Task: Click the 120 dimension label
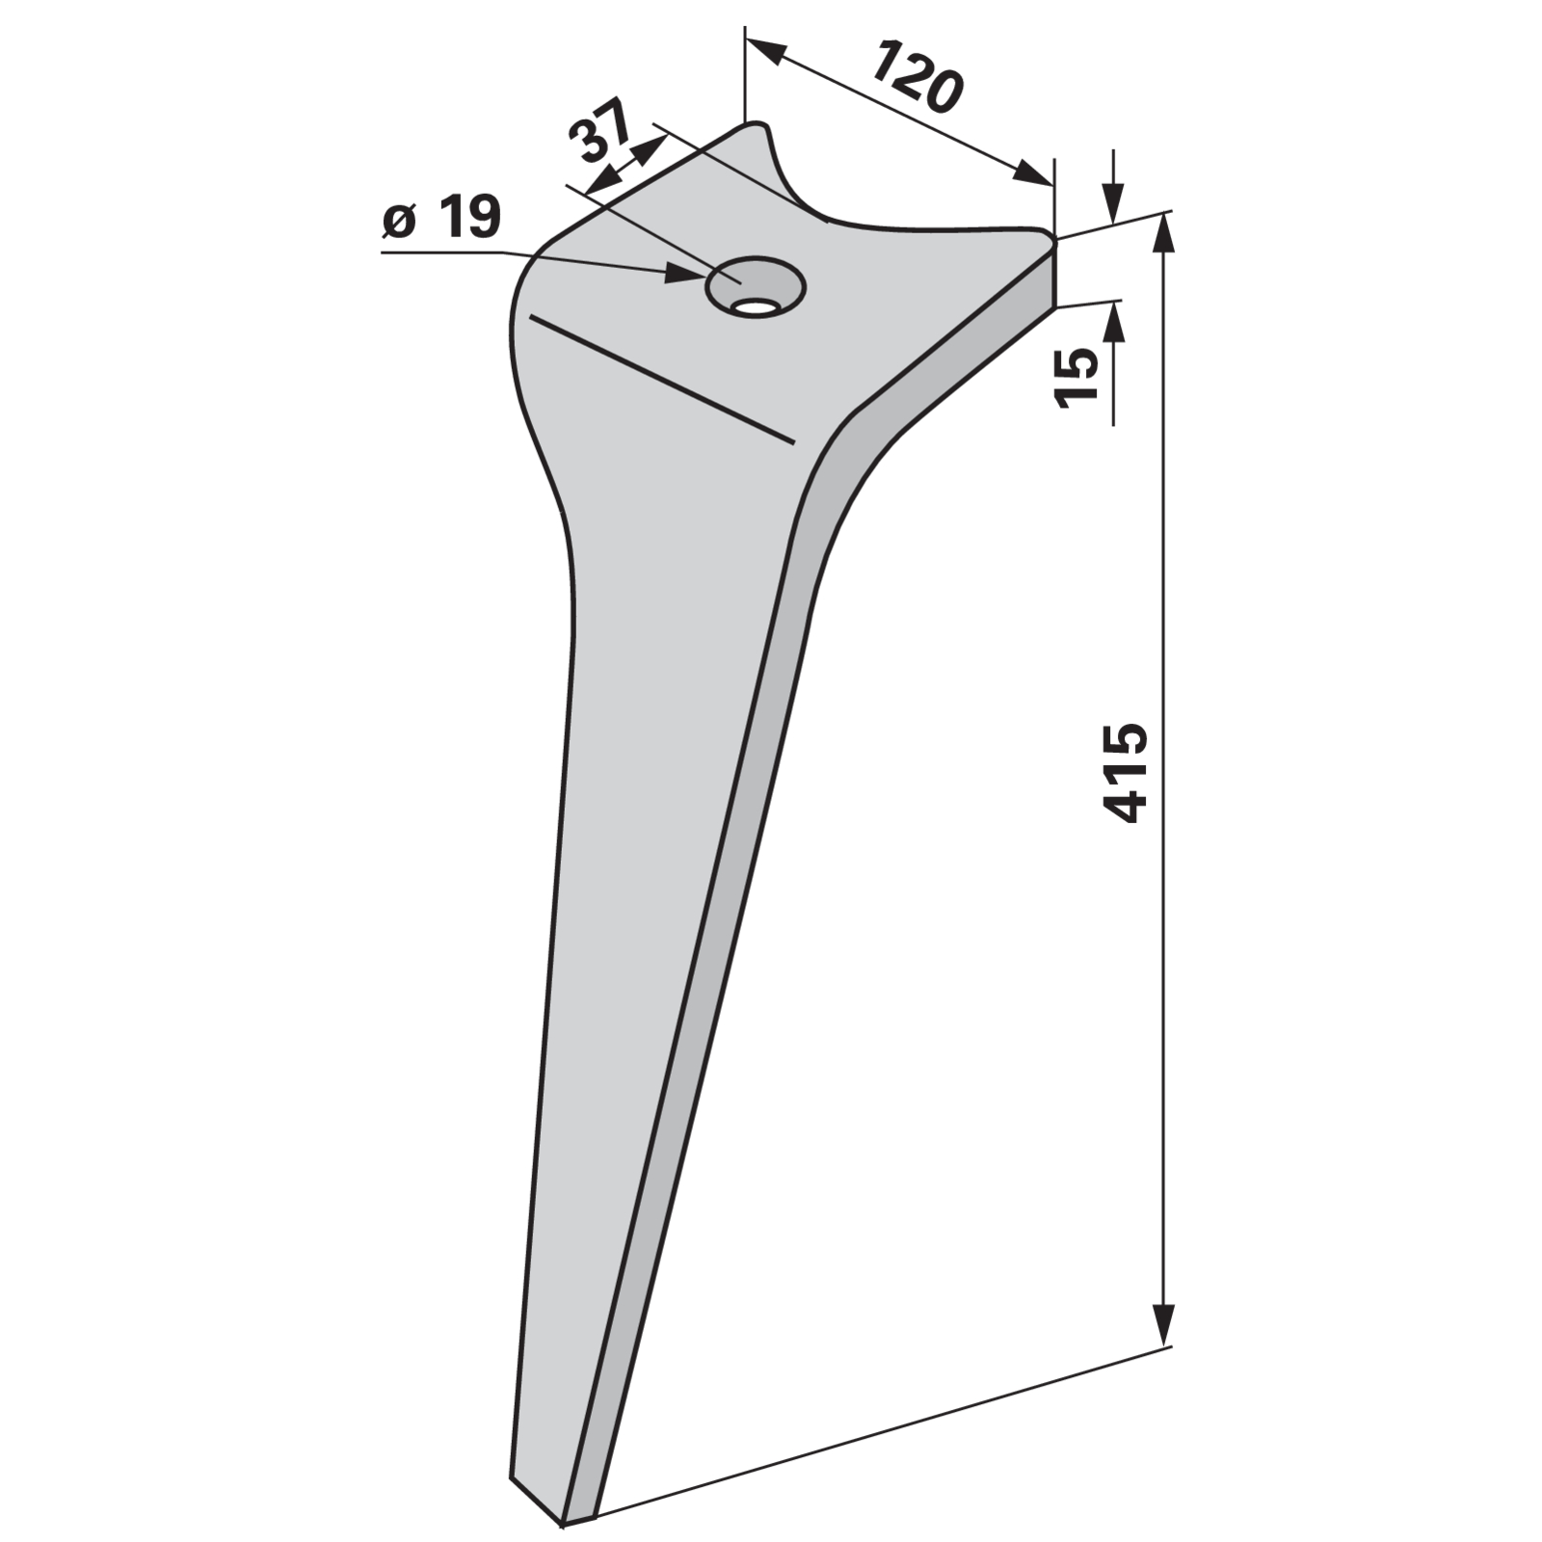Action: click(x=917, y=77)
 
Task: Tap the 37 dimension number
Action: click(x=598, y=130)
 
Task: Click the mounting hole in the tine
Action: click(x=756, y=285)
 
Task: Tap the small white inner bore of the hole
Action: click(x=756, y=306)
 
